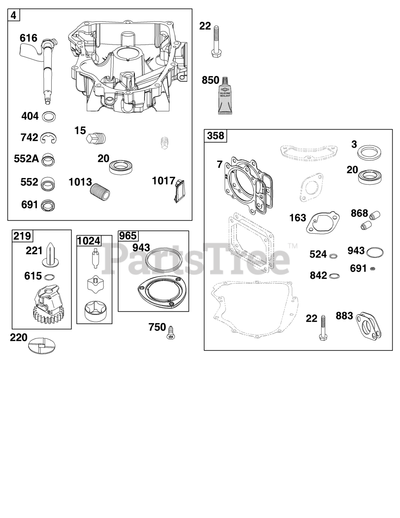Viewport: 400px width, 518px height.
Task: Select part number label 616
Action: tap(29, 38)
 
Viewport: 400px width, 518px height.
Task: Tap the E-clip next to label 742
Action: tap(48, 138)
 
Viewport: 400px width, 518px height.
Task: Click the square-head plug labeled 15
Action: tap(95, 138)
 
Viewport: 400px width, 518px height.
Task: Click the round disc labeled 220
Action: tap(42, 345)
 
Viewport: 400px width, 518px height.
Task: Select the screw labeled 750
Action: tap(171, 333)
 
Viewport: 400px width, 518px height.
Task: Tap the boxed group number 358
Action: tap(215, 136)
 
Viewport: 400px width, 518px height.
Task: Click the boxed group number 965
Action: tap(128, 236)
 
